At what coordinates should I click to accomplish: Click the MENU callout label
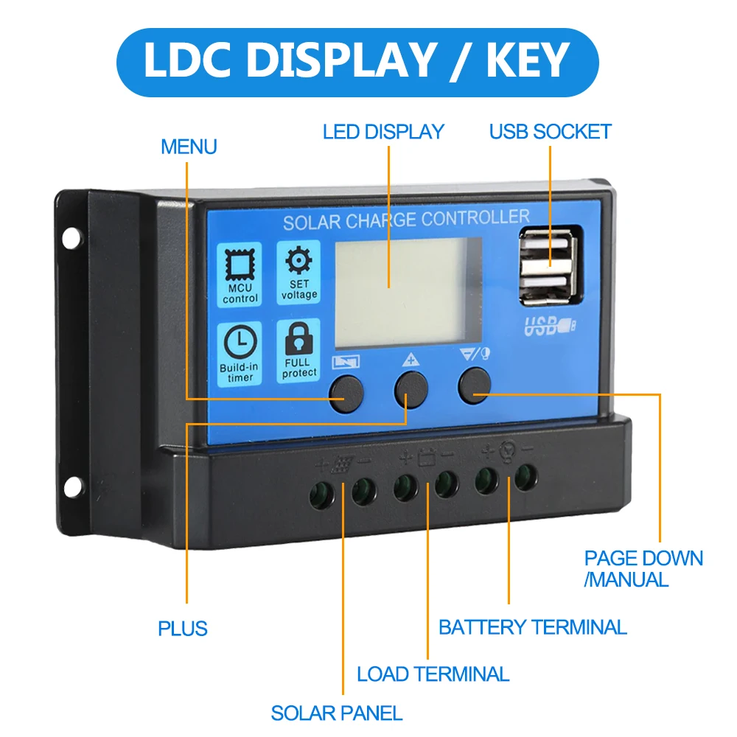pos(189,147)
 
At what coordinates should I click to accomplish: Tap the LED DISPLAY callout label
pos(383,132)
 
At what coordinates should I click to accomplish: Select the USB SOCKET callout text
pos(551,132)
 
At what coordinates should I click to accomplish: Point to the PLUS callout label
pos(183,629)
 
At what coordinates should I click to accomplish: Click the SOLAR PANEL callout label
pos(336,713)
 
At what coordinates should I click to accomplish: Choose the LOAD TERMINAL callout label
pos(433,674)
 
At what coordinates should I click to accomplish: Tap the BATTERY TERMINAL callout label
pos(532,627)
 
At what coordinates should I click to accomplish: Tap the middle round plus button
pos(411,389)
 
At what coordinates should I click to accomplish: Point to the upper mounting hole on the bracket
pos(71,237)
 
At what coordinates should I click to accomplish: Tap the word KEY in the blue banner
pos(528,60)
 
